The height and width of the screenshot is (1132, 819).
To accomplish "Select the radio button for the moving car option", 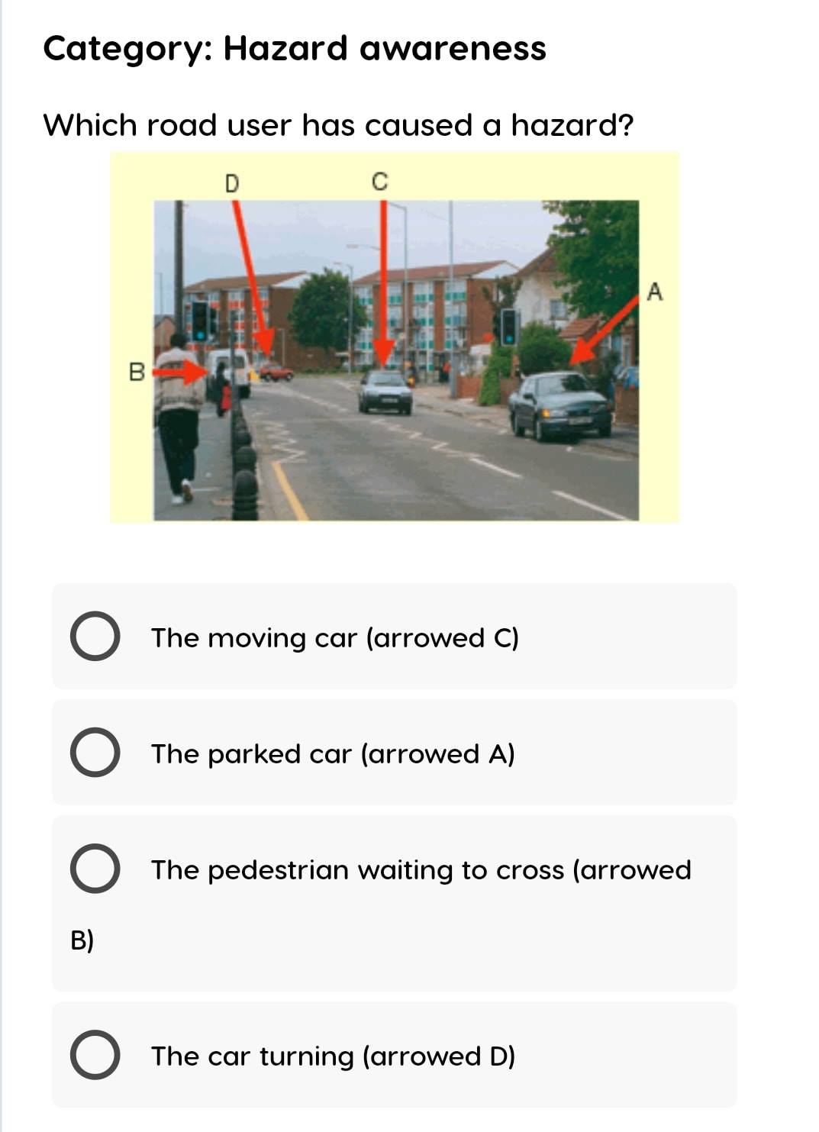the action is [95, 636].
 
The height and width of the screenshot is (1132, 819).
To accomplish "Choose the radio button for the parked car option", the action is [95, 752].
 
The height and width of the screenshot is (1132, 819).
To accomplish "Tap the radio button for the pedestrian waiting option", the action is [95, 868].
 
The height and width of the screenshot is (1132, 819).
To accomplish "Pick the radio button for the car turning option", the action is [95, 1055].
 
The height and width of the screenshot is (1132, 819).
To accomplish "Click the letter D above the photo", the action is [232, 183].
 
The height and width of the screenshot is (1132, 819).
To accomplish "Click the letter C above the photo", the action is [379, 182].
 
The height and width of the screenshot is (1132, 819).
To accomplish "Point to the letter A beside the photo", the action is [655, 292].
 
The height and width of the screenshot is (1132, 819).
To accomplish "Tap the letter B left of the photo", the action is [137, 372].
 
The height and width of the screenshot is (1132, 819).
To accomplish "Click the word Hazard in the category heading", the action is [285, 49].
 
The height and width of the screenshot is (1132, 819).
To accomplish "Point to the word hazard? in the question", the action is [572, 125].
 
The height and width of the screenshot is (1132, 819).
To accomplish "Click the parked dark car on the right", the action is [559, 405].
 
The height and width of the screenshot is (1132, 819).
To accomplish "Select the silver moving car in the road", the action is [385, 392].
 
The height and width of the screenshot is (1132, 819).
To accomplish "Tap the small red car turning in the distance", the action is [276, 373].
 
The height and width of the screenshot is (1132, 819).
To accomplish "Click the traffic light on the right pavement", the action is [508, 327].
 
